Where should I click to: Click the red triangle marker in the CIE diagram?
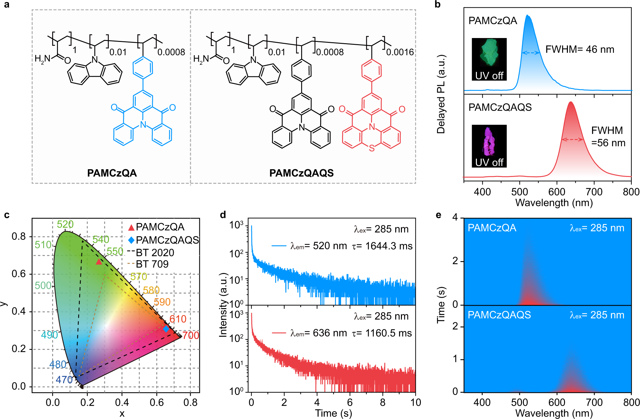(x=99, y=262)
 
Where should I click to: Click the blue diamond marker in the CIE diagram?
(x=166, y=329)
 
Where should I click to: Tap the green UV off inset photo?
(x=489, y=59)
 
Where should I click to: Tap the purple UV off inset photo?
(x=489, y=146)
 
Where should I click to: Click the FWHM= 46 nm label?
(x=580, y=49)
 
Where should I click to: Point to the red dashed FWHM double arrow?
(x=572, y=140)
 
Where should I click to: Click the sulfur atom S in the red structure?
(x=372, y=148)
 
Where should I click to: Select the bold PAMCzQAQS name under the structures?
(x=301, y=173)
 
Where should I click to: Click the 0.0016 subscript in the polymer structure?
(x=400, y=52)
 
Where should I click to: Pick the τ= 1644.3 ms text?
(x=382, y=246)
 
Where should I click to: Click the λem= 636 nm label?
(x=319, y=333)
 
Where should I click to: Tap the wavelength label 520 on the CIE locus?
(x=65, y=224)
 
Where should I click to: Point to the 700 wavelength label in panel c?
(x=190, y=336)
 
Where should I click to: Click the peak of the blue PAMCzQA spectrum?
(x=527, y=15)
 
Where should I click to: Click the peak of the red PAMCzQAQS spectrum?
(x=570, y=102)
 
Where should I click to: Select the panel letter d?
(x=223, y=215)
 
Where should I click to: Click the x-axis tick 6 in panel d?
(x=350, y=402)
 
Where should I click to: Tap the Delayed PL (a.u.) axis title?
(x=441, y=94)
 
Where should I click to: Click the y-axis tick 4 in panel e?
(x=455, y=217)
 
